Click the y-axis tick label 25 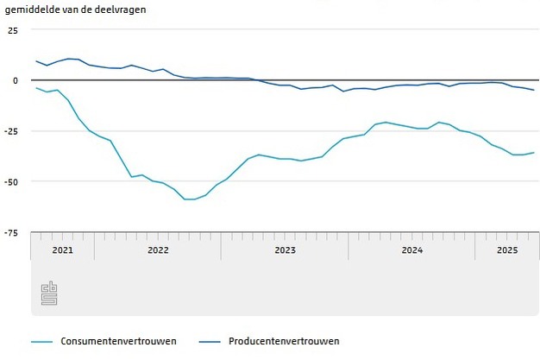[x=12, y=30]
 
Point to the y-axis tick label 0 [x=15, y=80]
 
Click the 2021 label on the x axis [x=62, y=250]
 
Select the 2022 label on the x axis [x=158, y=250]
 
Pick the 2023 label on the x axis [x=285, y=250]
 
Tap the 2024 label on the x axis [x=411, y=250]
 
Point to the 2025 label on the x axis [x=506, y=250]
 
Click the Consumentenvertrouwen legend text [x=118, y=341]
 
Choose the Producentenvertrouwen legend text [x=284, y=341]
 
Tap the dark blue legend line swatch [x=210, y=341]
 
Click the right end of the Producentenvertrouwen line [x=534, y=90]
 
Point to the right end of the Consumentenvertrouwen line [x=534, y=153]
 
